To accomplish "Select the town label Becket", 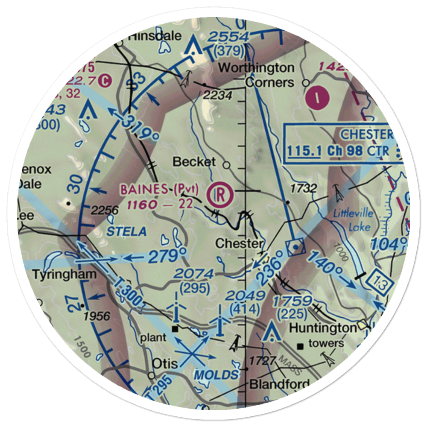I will [x=194, y=162].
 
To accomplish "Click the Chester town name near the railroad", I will [x=239, y=244].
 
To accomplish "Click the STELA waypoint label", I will [x=126, y=232].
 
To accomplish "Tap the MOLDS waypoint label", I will [x=215, y=375].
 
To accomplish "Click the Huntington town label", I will [x=323, y=328].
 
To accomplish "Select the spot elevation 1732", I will [x=303, y=188].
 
